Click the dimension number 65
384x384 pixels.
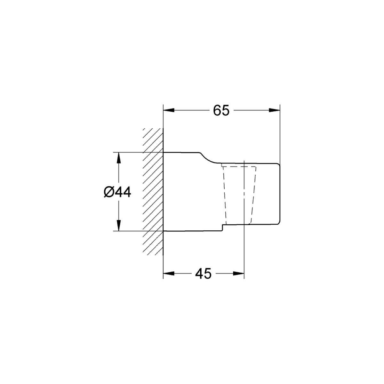click(x=221, y=110)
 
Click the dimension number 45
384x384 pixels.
click(x=203, y=274)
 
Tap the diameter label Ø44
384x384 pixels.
click(x=117, y=192)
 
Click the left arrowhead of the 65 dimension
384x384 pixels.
click(x=169, y=110)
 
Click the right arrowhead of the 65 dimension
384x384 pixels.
click(x=274, y=110)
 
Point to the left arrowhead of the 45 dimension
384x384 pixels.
click(x=169, y=274)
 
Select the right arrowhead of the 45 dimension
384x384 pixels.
click(x=238, y=274)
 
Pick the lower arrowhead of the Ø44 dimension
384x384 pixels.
click(x=119, y=225)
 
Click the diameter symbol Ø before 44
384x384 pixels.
click(x=108, y=193)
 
